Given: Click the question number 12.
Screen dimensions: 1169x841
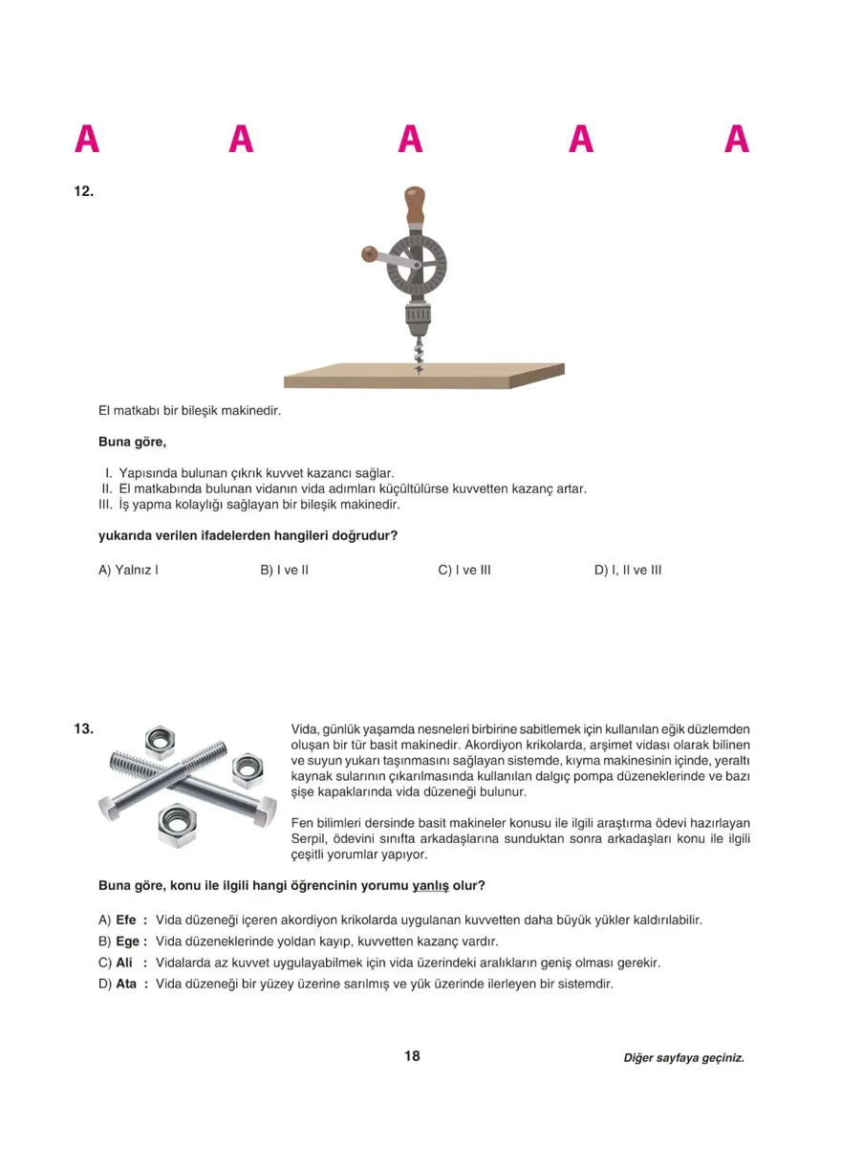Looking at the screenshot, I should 83,191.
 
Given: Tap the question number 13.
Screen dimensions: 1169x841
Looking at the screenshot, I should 83,729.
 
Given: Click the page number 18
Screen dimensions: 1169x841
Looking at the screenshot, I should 412,1056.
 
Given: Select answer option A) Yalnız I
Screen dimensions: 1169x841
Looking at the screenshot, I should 128,571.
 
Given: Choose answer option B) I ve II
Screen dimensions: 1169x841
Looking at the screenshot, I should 284,571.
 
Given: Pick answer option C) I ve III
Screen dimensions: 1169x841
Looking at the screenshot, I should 464,571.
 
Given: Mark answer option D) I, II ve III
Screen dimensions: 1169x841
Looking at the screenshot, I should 628,571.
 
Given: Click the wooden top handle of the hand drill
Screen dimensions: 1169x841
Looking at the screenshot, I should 415,205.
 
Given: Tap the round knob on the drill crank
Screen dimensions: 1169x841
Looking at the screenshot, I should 368,253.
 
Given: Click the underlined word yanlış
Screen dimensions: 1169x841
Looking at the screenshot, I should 430,886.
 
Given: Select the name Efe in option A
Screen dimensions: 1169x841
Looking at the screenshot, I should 126,920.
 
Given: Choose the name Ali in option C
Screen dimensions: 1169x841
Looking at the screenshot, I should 123,963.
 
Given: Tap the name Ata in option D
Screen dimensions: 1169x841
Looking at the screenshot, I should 126,984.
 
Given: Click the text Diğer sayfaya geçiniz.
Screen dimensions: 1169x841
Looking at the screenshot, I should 683,1058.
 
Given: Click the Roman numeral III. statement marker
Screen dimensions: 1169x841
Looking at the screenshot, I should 106,505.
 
